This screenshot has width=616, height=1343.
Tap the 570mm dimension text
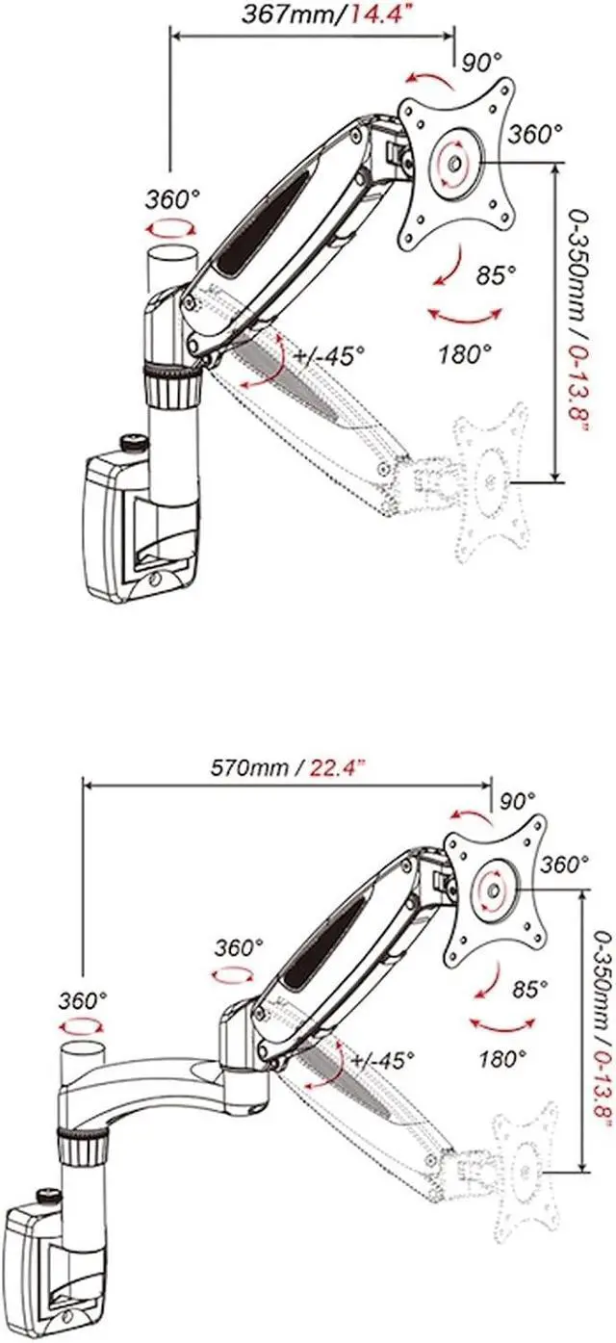249,768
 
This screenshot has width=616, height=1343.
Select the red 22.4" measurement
338,768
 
